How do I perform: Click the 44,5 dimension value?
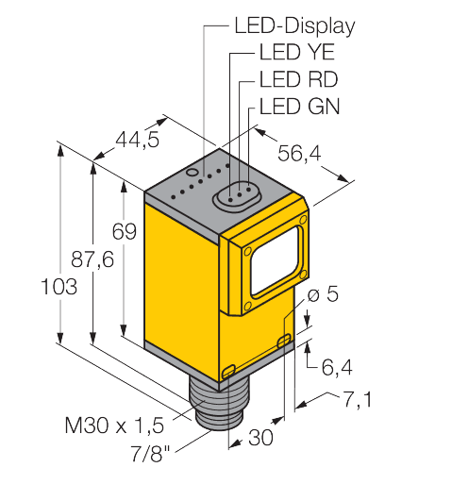(137, 142)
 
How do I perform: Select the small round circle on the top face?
(192, 174)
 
